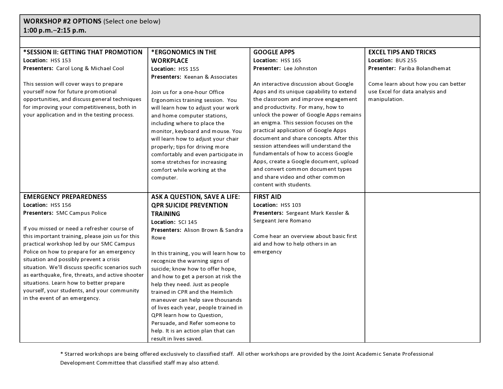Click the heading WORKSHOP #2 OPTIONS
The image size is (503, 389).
pyautogui.click(x=62, y=21)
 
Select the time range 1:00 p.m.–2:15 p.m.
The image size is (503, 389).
pyautogui.click(x=55, y=31)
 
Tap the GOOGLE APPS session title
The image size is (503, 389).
pyautogui.click(x=274, y=52)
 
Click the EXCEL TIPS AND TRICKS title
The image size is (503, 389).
pyautogui.click(x=402, y=52)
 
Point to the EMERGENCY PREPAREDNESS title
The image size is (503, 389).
pyautogui.click(x=65, y=197)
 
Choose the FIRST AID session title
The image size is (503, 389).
pyautogui.click(x=267, y=197)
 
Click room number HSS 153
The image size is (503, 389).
pyautogui.click(x=61, y=60)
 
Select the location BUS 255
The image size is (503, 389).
pyautogui.click(x=406, y=60)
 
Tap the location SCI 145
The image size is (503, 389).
pyautogui.click(x=188, y=222)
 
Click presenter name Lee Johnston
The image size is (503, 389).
pyautogui.click(x=300, y=68)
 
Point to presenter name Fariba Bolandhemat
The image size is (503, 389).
pyautogui.click(x=424, y=68)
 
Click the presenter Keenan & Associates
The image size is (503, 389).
pyautogui.click(x=211, y=77)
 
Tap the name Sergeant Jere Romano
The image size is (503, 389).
pyautogui.click(x=282, y=221)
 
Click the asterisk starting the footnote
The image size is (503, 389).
pyautogui.click(x=62, y=354)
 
